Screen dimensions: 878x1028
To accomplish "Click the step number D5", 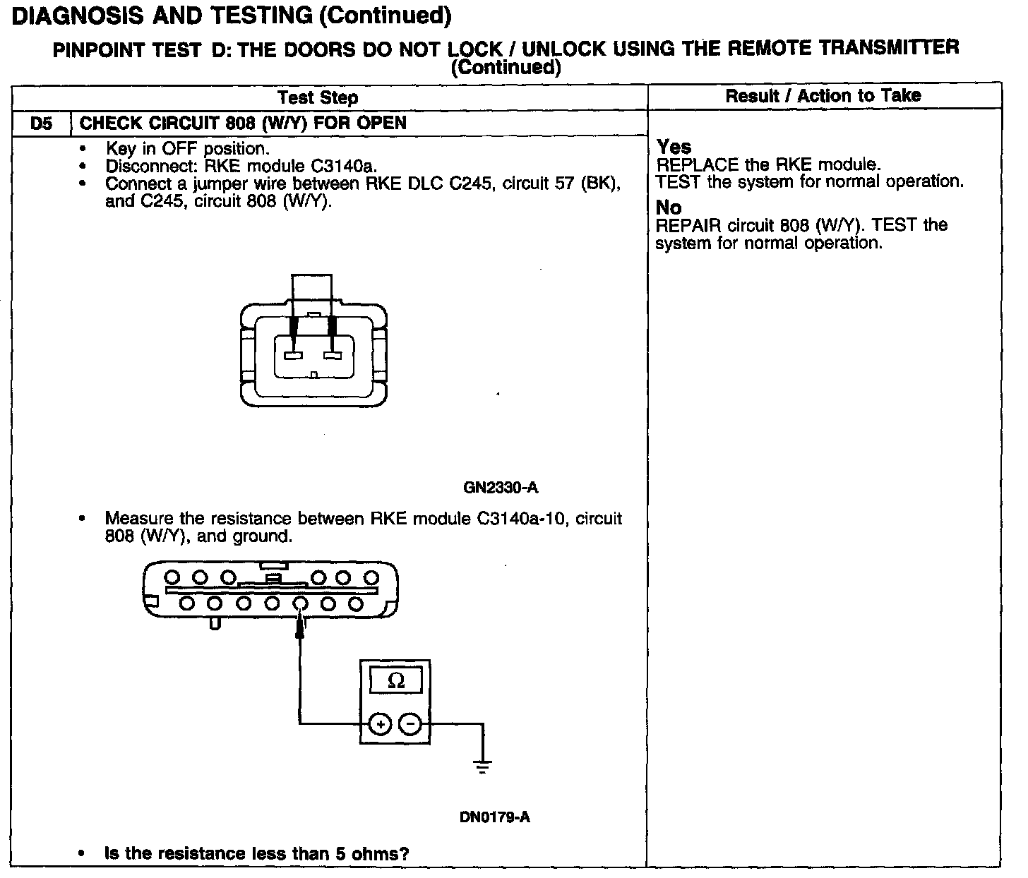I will (41, 124).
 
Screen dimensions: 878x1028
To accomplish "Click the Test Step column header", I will (318, 97).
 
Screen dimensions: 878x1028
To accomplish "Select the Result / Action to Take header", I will (823, 96).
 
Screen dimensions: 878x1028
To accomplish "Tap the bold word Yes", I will (674, 147).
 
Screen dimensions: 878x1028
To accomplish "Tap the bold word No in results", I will (669, 208).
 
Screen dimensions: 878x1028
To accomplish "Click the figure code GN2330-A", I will (501, 488).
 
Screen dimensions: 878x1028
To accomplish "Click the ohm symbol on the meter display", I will (396, 681).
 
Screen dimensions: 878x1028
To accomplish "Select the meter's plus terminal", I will (380, 725).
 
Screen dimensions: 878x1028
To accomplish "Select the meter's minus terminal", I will (410, 725).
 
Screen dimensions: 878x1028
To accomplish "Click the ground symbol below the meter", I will (483, 765).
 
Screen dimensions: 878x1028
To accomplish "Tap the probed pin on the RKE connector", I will (300, 603).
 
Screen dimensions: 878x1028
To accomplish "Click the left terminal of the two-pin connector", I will (293, 354).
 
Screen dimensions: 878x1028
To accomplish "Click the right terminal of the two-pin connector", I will (333, 354).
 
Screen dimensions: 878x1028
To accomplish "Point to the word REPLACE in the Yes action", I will (689, 165).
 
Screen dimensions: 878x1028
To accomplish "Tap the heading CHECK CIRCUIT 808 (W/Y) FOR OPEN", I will (243, 124).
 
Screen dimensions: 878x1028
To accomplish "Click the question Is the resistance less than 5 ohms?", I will (257, 853).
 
